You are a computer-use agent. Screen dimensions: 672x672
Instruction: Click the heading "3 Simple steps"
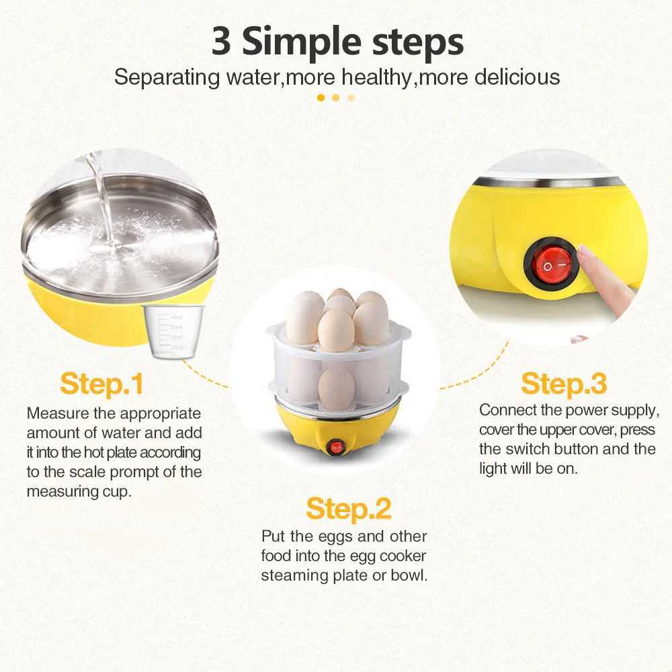337,42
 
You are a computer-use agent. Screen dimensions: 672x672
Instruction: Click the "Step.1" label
101,384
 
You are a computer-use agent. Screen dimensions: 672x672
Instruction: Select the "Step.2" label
348,509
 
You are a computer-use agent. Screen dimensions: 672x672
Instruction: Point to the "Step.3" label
564,384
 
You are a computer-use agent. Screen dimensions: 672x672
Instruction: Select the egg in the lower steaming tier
336,388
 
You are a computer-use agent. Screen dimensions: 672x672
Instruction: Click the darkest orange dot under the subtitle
321,97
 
